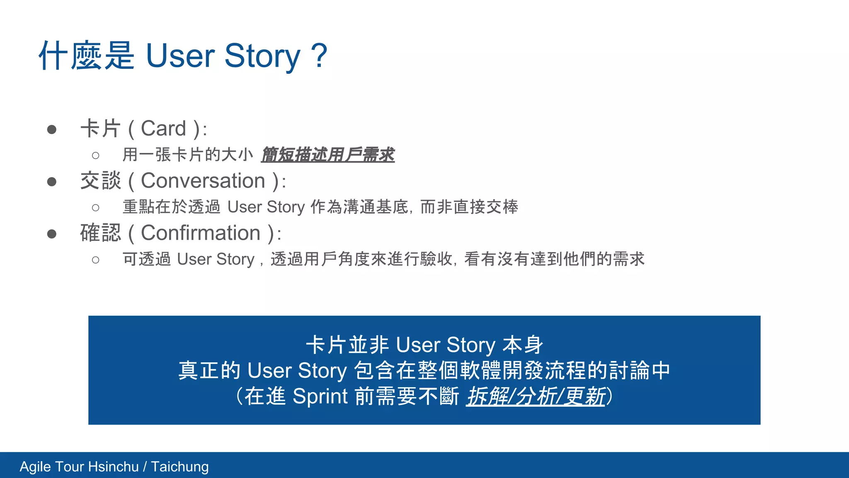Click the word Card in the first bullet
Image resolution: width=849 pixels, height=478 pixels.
coord(163,129)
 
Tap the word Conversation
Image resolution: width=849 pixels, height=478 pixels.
coord(203,181)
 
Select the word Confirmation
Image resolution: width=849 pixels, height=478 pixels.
coord(200,233)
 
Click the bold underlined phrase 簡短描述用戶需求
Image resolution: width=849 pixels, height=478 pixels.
coord(327,155)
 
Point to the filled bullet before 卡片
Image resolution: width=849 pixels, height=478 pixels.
coord(52,129)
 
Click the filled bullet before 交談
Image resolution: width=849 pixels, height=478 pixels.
coord(52,182)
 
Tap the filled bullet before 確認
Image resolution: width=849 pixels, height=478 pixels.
coord(52,234)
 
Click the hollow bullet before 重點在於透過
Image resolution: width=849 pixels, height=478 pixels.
coord(96,207)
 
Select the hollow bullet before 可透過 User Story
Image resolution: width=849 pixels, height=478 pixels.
coord(96,260)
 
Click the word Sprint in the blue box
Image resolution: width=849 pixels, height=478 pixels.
coord(320,396)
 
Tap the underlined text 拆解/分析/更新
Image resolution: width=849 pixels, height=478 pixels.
coord(536,396)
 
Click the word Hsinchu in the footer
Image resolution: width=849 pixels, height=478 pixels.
coord(113,467)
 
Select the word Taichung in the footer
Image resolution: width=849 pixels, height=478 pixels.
coord(180,467)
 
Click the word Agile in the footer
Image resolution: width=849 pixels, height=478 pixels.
coord(35,467)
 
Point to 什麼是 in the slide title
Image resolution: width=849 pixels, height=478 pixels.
coord(86,56)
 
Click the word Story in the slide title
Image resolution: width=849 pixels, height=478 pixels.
coord(262,56)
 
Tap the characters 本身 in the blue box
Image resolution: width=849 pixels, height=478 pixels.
coord(523,345)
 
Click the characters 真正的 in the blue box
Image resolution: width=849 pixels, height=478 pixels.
coord(209,371)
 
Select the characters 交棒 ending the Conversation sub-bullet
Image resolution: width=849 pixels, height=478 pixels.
coord(502,207)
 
